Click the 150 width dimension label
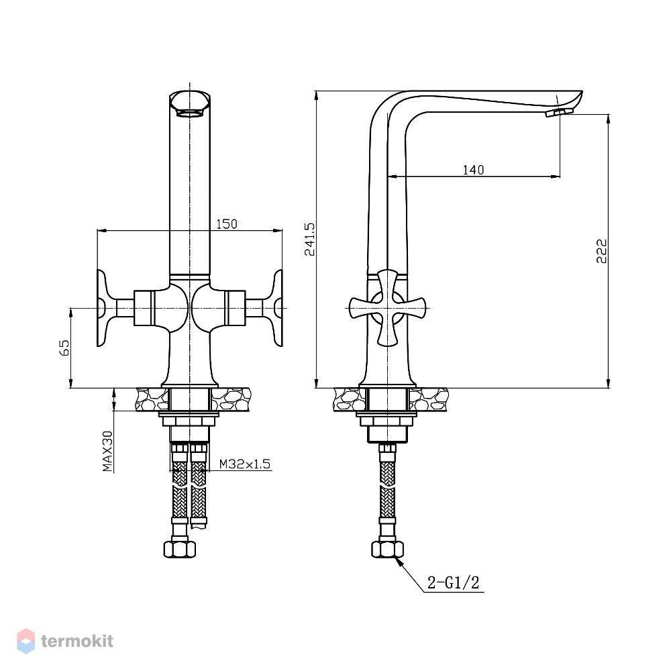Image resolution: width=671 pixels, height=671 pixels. tap(226, 224)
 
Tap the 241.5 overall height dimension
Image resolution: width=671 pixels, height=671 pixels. tap(309, 240)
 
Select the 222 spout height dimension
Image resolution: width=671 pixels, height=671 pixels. tap(602, 251)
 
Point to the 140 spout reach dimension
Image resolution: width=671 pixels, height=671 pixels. tap(473, 170)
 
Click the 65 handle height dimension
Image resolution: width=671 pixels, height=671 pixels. tap(64, 348)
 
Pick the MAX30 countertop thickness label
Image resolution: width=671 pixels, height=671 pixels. tap(108, 451)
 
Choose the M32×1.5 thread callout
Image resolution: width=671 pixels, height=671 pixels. tap(245, 464)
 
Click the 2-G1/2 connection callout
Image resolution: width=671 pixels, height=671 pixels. tap(453, 582)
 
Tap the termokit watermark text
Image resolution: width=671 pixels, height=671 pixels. tap(77, 641)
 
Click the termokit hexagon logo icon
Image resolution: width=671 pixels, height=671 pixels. tap(25, 641)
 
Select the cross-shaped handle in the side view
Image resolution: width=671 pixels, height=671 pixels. tap(387, 308)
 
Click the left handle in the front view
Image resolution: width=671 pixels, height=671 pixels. tap(124, 308)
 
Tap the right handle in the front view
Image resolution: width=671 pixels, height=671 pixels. tap(255, 308)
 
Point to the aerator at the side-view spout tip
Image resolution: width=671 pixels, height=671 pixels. tap(559, 113)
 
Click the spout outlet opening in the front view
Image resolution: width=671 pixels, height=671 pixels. tap(189, 113)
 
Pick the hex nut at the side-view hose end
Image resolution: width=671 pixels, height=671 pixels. tap(387, 549)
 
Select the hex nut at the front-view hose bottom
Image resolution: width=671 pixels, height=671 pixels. tap(180, 549)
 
